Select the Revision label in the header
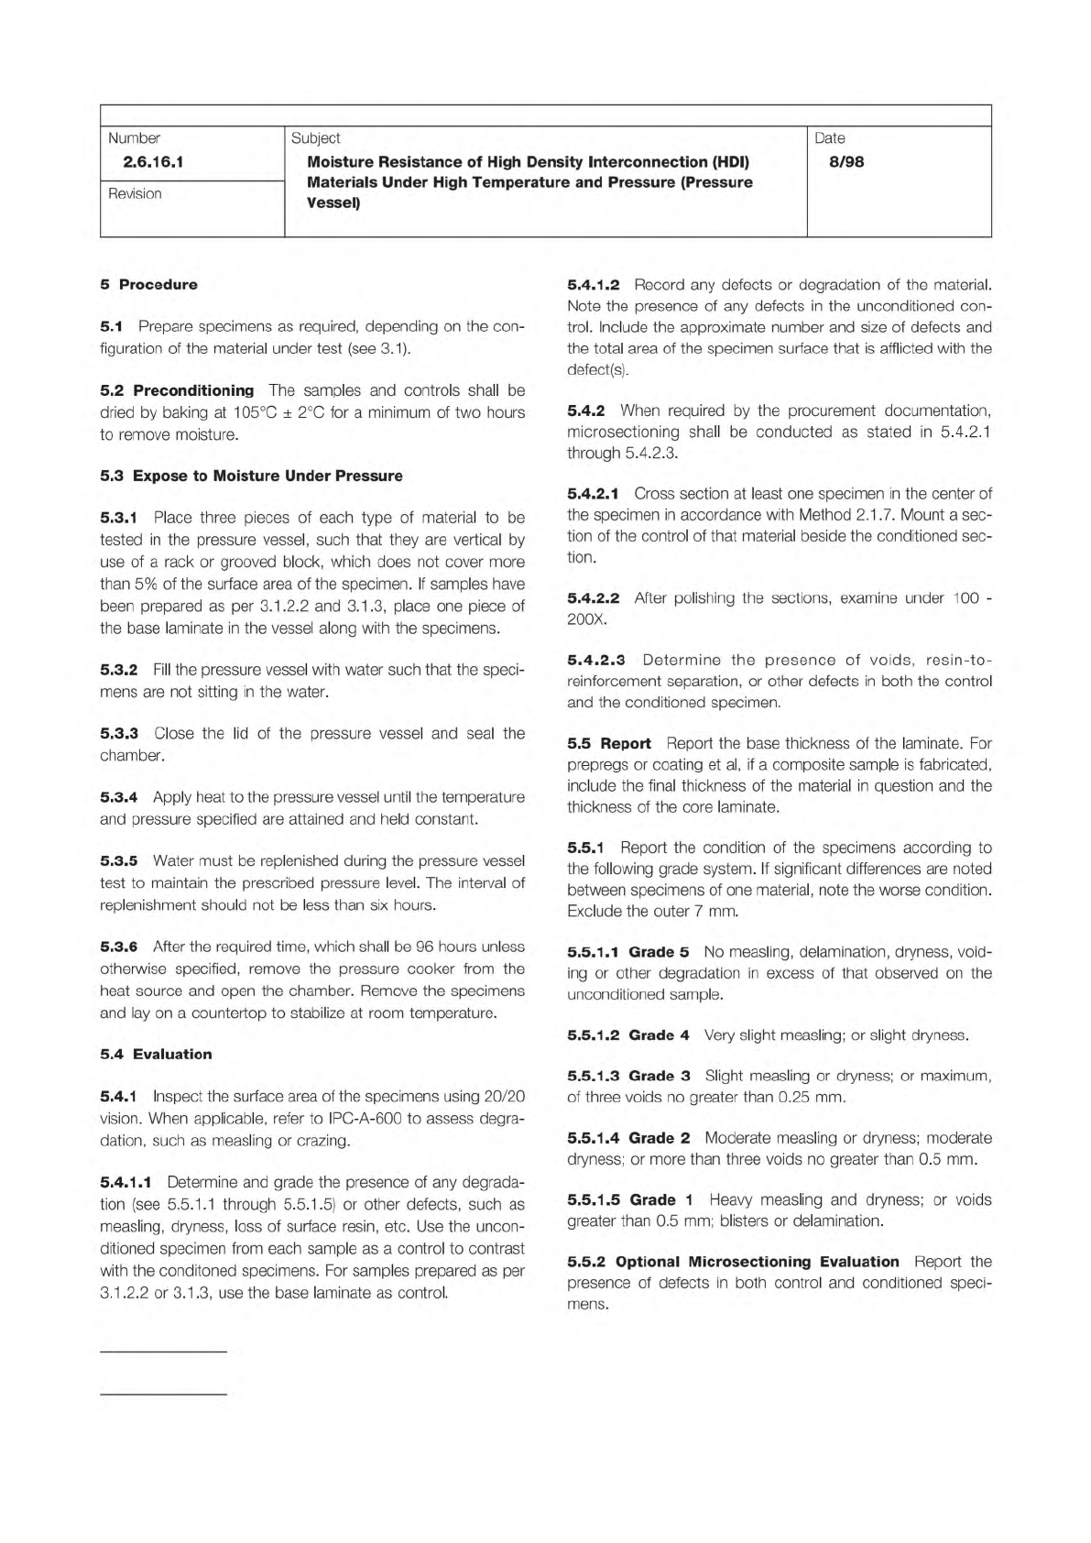(135, 193)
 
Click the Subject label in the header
(315, 138)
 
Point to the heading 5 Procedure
(148, 284)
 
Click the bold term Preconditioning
(193, 390)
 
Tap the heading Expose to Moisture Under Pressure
(267, 476)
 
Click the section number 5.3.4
(118, 797)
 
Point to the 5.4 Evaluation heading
(156, 1054)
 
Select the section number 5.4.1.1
(125, 1182)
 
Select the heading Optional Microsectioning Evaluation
(757, 1262)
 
